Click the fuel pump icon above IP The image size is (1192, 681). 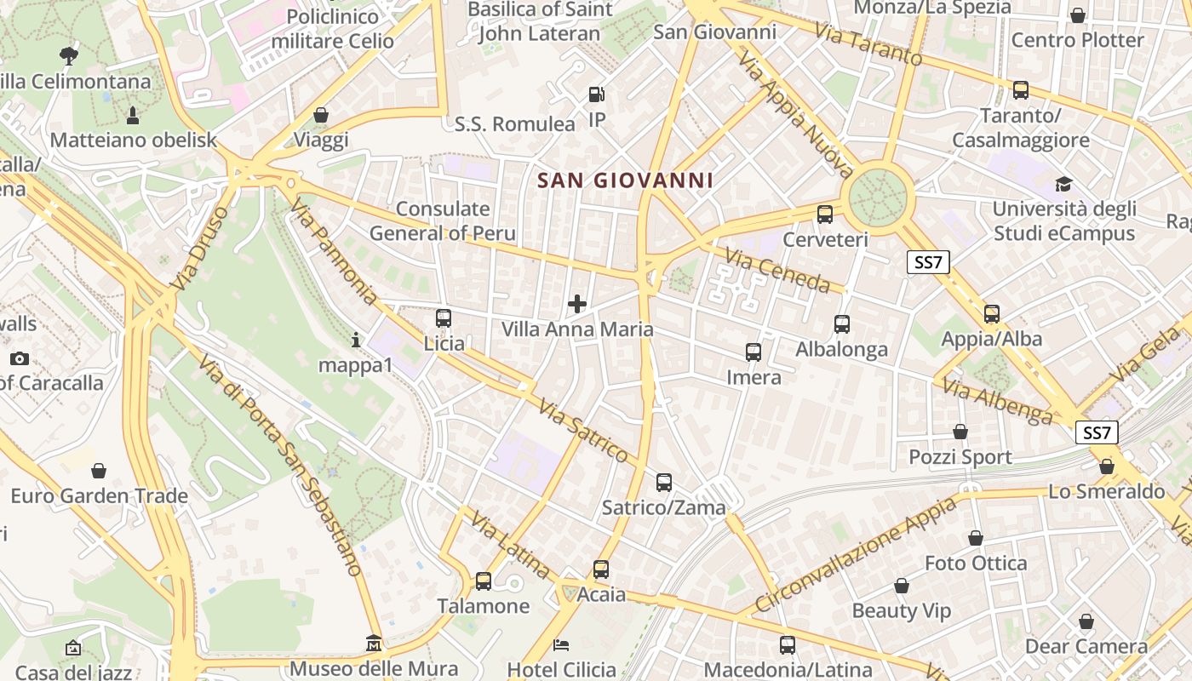click(597, 94)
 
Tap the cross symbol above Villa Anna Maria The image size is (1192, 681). click(577, 303)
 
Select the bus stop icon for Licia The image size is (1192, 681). click(444, 318)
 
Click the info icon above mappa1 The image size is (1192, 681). click(356, 340)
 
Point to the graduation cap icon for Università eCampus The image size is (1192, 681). click(1063, 184)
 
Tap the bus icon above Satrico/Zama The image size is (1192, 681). click(664, 483)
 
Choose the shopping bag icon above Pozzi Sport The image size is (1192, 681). click(960, 432)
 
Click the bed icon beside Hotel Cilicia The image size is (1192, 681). click(560, 644)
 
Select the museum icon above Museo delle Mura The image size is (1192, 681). click(374, 644)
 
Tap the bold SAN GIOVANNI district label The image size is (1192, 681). click(626, 180)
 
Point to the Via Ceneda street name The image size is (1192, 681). click(777, 269)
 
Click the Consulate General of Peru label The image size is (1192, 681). click(443, 221)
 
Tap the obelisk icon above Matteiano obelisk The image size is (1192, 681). click(133, 114)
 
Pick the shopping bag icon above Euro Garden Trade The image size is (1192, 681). click(99, 471)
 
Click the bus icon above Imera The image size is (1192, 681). click(754, 352)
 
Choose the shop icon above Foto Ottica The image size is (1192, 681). click(976, 538)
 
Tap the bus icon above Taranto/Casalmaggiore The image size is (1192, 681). click(1021, 89)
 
